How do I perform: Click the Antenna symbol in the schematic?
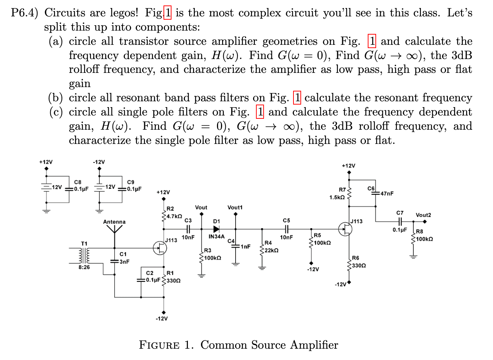click(114, 230)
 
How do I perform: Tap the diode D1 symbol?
click(216, 229)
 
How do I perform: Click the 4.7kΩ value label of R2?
click(174, 216)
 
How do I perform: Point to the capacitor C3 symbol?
click(188, 229)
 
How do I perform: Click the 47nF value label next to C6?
click(387, 193)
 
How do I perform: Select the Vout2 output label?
click(423, 215)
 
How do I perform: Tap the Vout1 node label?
click(235, 207)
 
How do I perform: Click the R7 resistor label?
click(342, 189)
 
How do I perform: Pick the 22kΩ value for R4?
click(271, 250)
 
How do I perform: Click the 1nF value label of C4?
click(245, 247)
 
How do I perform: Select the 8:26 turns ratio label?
click(84, 267)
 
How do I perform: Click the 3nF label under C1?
click(124, 262)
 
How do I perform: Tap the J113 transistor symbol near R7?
click(345, 229)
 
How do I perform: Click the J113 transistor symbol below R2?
click(160, 248)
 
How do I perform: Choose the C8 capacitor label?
click(78, 182)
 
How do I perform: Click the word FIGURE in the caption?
click(159, 345)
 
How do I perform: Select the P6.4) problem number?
click(24, 13)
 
